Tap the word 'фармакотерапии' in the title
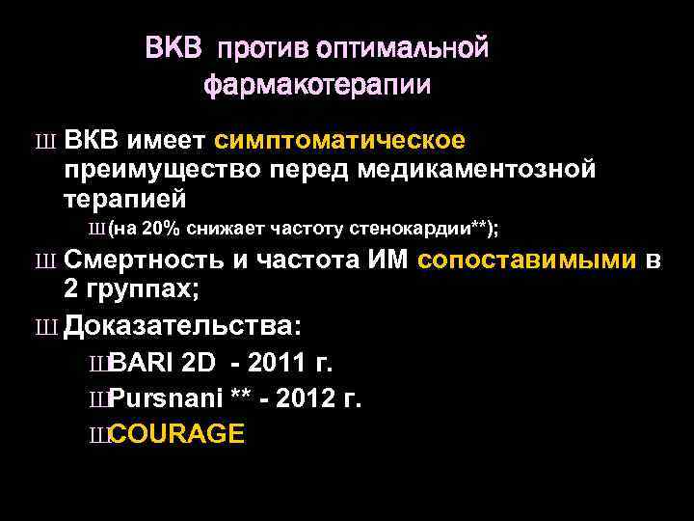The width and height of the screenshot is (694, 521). pyautogui.click(x=317, y=85)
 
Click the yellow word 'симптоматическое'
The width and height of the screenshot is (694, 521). pyautogui.click(x=340, y=142)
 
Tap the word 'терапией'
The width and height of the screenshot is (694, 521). pyautogui.click(x=123, y=198)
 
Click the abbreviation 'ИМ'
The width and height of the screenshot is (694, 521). pyautogui.click(x=390, y=260)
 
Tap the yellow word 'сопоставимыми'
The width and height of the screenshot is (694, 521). pyautogui.click(x=529, y=260)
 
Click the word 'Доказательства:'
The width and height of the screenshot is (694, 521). pyautogui.click(x=183, y=326)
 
